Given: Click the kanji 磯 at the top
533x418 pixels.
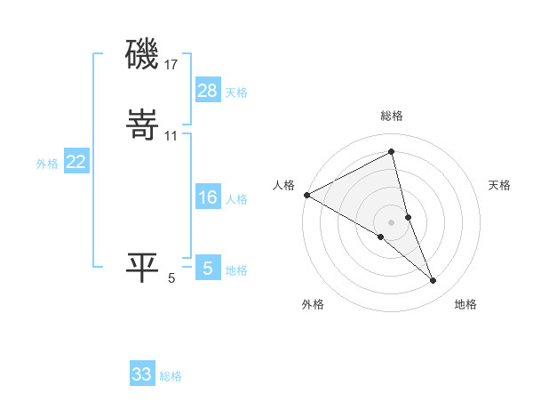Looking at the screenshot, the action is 142,55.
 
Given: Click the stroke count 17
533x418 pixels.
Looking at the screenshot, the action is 172,65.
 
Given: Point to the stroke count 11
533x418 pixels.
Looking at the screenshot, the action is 171,135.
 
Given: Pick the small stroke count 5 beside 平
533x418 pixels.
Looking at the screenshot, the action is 171,278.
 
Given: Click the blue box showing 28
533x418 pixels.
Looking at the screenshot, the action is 207,90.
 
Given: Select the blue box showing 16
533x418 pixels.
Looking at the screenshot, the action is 207,197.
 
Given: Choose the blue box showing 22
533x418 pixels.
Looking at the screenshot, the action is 76,162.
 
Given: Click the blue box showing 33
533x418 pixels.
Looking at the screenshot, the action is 142,374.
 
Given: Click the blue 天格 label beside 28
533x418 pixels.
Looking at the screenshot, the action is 236,92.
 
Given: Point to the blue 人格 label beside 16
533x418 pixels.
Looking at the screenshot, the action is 236,199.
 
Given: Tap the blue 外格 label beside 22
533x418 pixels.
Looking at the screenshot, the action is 47,164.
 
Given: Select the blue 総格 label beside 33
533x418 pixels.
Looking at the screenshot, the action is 171,376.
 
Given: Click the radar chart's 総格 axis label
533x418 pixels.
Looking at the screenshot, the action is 392,116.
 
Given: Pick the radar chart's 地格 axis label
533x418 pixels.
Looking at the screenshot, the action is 465,304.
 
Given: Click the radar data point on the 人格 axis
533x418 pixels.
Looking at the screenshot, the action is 306,195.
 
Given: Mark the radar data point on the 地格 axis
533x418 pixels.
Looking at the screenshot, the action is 434,280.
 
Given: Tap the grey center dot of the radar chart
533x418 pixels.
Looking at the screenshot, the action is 392,221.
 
